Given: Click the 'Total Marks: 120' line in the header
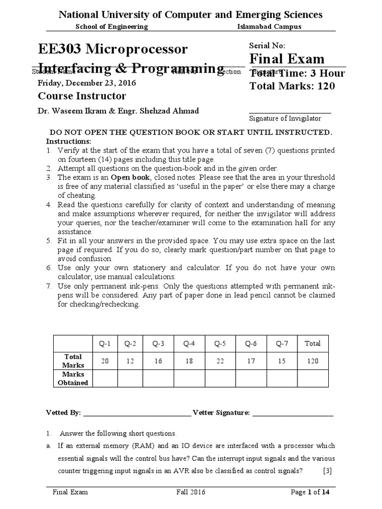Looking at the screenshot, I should coord(292,86).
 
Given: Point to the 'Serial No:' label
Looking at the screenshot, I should coord(267,45).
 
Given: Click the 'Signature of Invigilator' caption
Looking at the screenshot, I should coord(285,118).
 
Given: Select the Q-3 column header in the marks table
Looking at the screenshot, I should coord(158,343).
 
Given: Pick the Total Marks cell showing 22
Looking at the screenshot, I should coord(220,361).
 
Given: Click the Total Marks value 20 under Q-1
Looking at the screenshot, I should coord(105,361).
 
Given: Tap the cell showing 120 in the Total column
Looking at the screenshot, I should coord(313,361).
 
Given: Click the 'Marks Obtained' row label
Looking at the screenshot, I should coord(73,378).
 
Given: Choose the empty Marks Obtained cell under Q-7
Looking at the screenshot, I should coord(282,378).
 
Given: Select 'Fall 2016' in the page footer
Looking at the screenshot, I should coord(191,492).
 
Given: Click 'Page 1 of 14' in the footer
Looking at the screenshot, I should coord(310,492).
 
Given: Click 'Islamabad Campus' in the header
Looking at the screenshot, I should coord(269,26).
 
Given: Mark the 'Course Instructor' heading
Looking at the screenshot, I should coord(82,96).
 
